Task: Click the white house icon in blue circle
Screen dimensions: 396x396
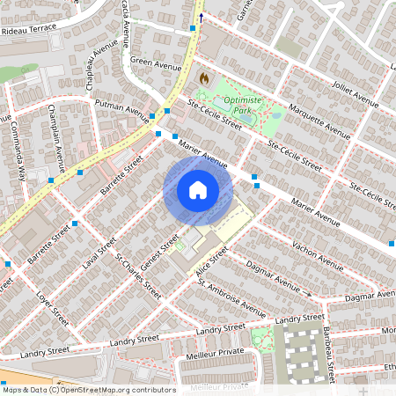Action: (x=197, y=189)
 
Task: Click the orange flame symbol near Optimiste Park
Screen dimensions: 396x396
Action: (x=204, y=79)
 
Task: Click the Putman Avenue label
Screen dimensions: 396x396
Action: (x=122, y=108)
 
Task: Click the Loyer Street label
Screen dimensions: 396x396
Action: (x=54, y=304)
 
